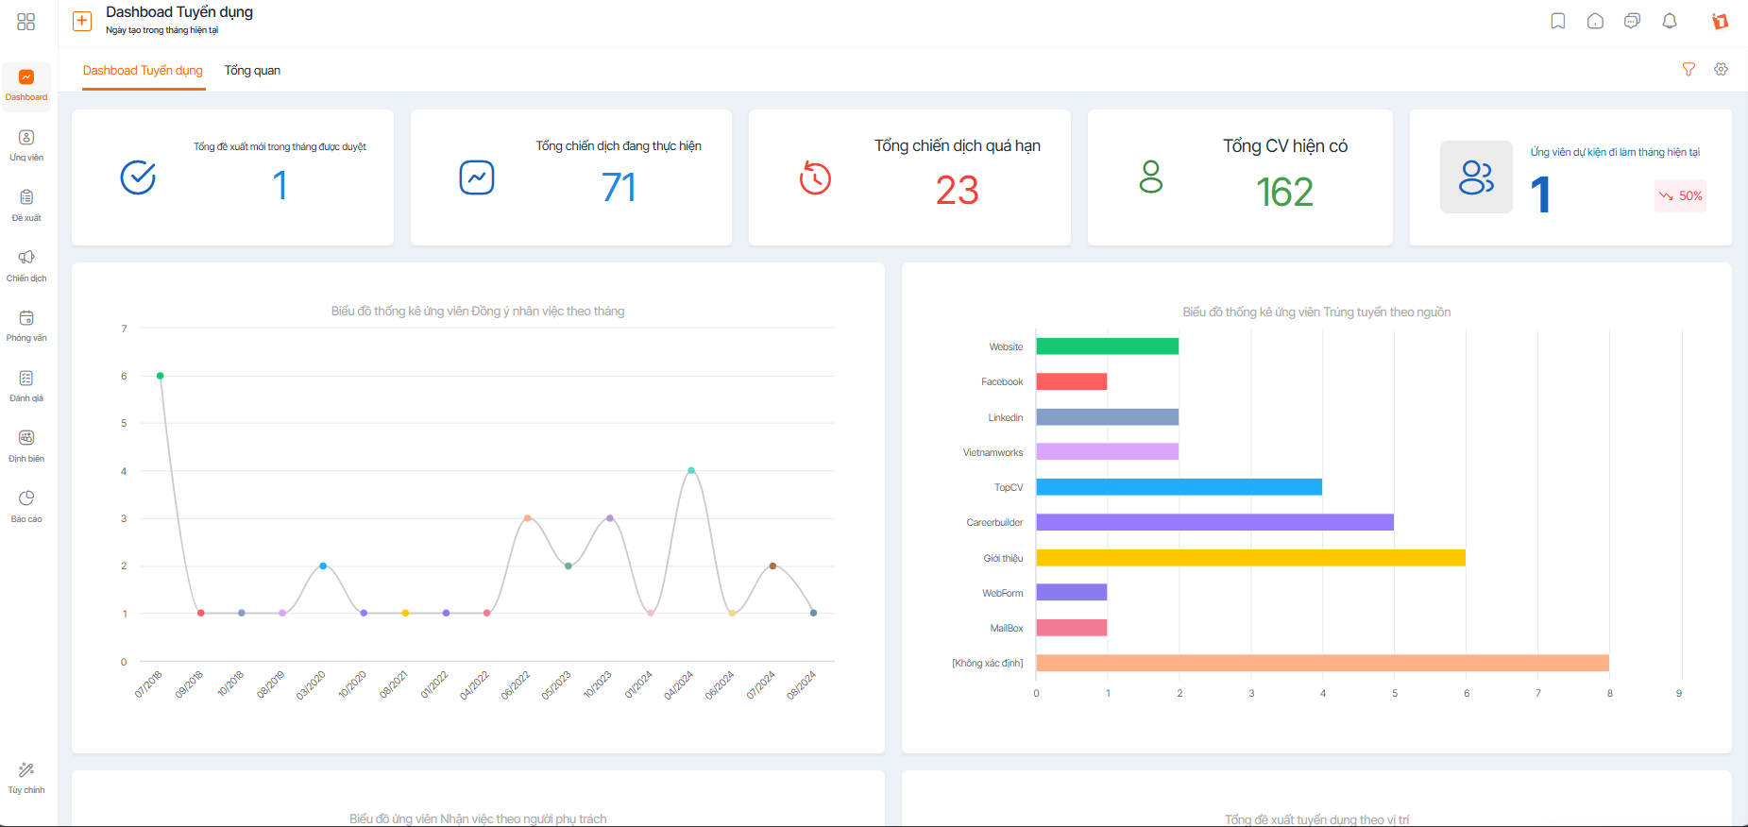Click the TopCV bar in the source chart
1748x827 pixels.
pyautogui.click(x=1179, y=487)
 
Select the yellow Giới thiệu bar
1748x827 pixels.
pyautogui.click(x=1250, y=558)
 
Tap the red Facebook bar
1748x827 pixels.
pyautogui.click(x=1071, y=381)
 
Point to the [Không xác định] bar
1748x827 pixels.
pyautogui.click(x=1322, y=663)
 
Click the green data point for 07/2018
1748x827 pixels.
pyautogui.click(x=161, y=376)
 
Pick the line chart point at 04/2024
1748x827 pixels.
pyautogui.click(x=691, y=470)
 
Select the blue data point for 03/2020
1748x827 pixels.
pyautogui.click(x=323, y=565)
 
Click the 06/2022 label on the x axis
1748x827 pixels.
pyautogui.click(x=516, y=684)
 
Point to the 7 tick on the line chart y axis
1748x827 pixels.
pyautogui.click(x=124, y=329)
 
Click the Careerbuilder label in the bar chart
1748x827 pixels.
pyautogui.click(x=994, y=522)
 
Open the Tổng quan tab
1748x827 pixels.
pyautogui.click(x=252, y=71)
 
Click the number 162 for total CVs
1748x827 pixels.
pyautogui.click(x=1284, y=193)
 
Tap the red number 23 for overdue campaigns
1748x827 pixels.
pyautogui.click(x=958, y=191)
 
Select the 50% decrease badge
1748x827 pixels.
pyautogui.click(x=1680, y=196)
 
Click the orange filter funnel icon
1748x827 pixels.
pyautogui.click(x=1689, y=69)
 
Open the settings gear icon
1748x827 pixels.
pyautogui.click(x=1722, y=69)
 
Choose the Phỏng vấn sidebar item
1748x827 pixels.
pyautogui.click(x=26, y=325)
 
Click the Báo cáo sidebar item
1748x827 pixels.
pyautogui.click(x=26, y=506)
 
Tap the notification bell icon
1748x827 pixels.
pyautogui.click(x=1670, y=21)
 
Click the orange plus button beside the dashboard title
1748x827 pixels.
pyautogui.click(x=82, y=21)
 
